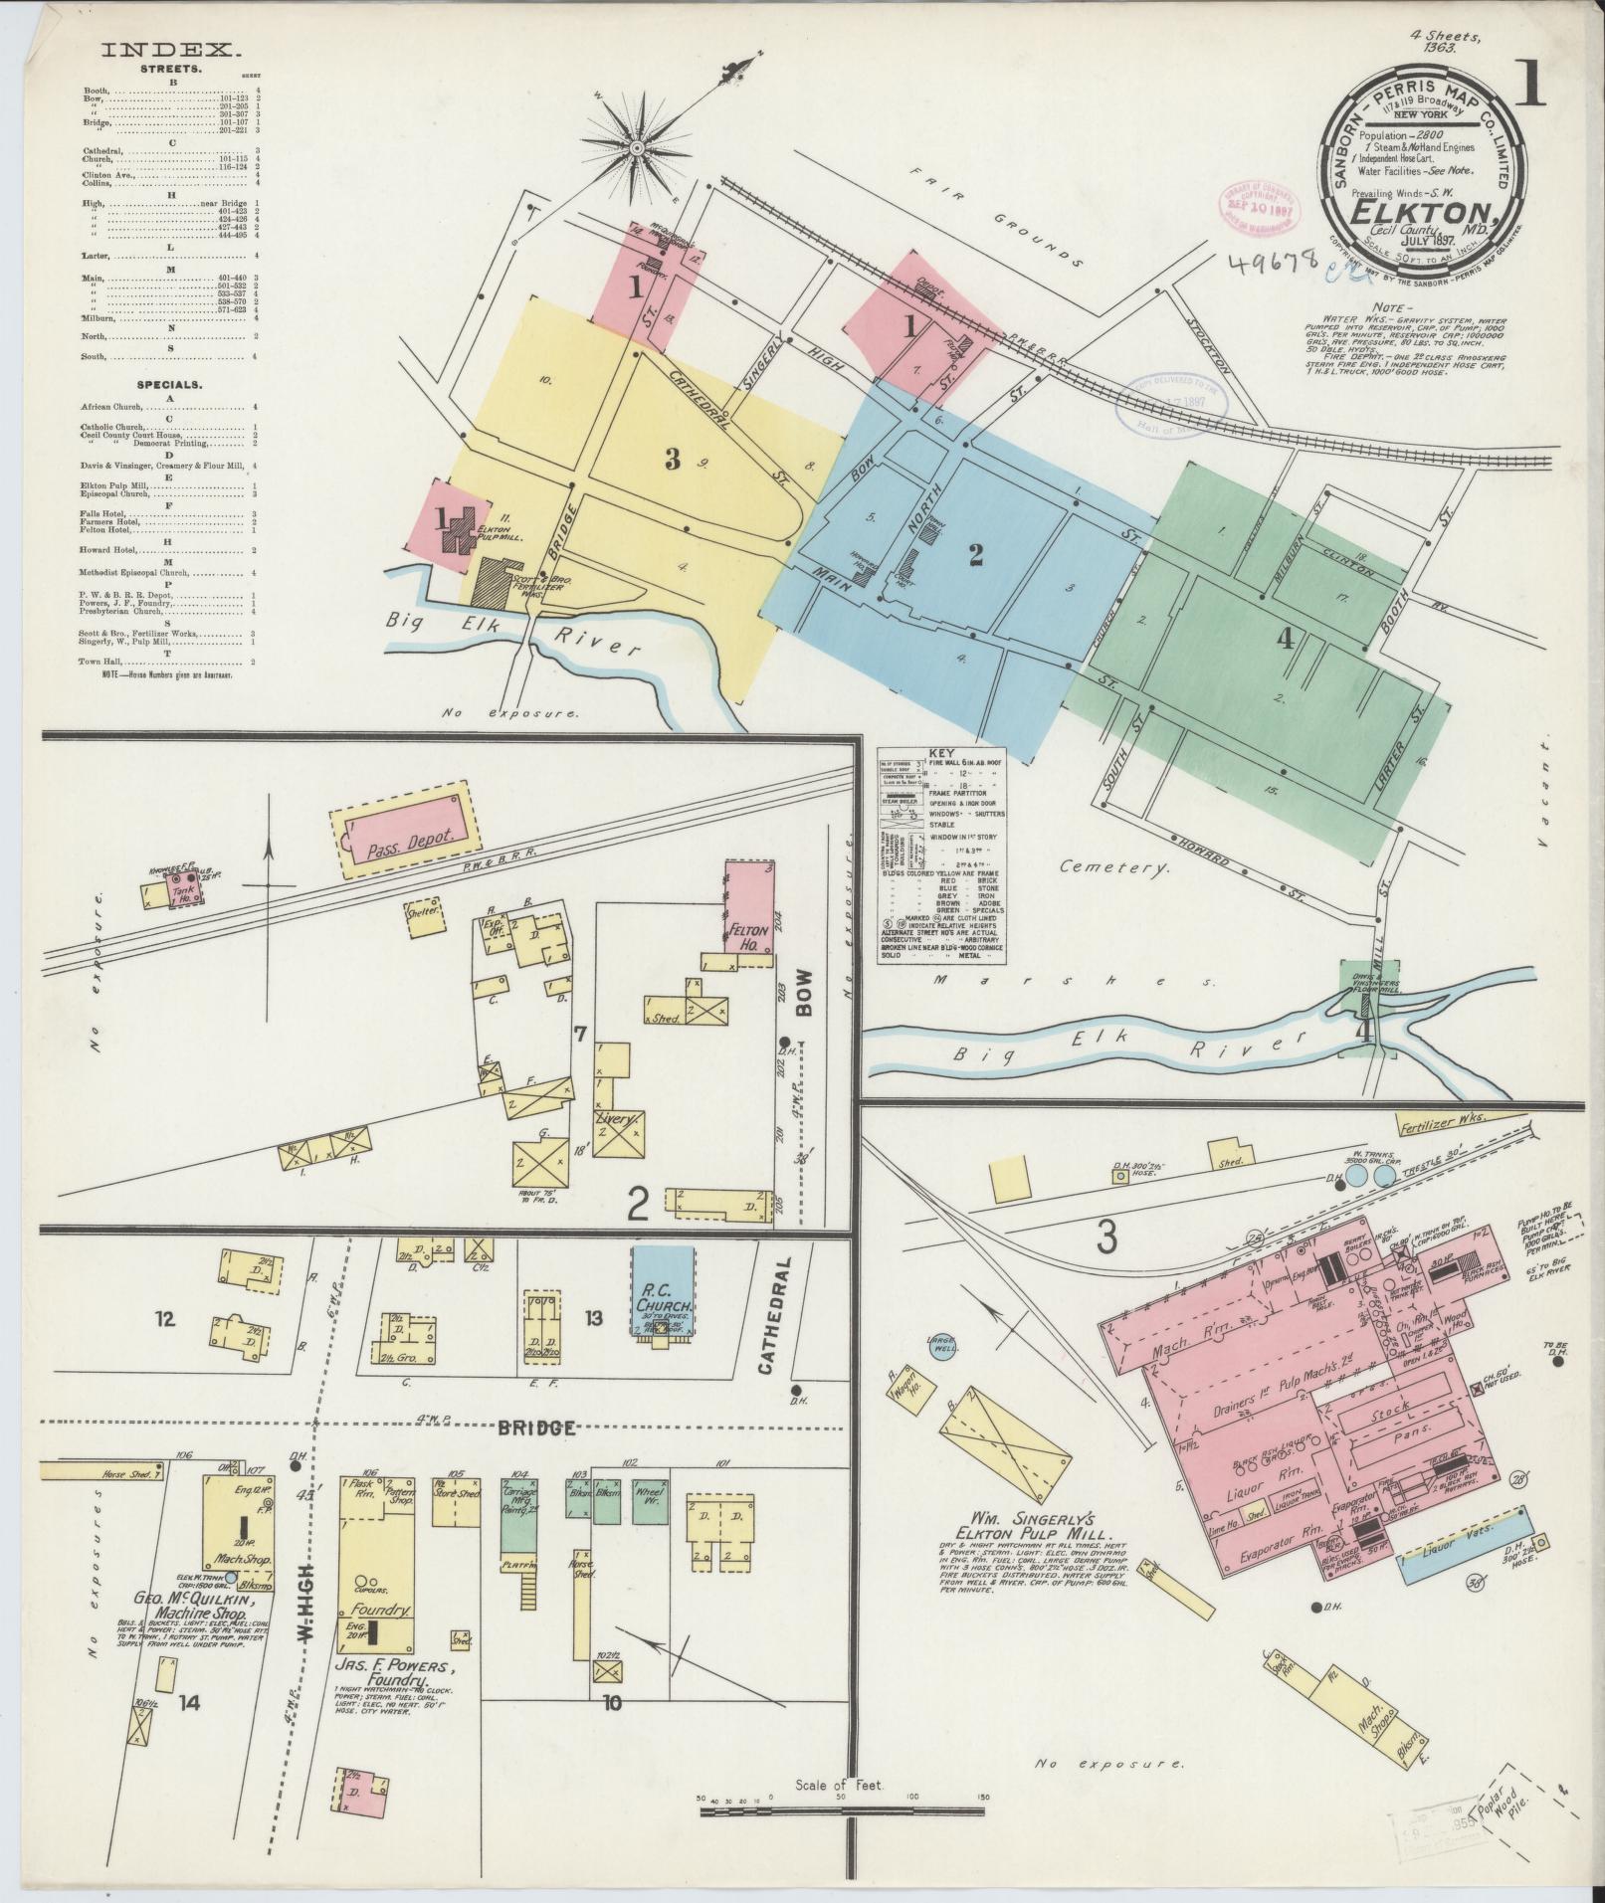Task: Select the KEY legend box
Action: click(941, 855)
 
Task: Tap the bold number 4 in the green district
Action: click(1286, 642)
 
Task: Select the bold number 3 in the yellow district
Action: click(673, 460)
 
